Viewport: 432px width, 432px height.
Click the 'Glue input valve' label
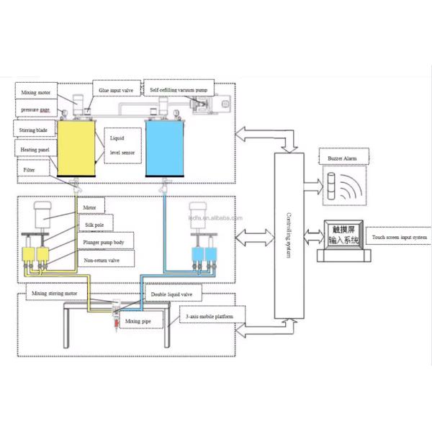coord(116,91)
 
